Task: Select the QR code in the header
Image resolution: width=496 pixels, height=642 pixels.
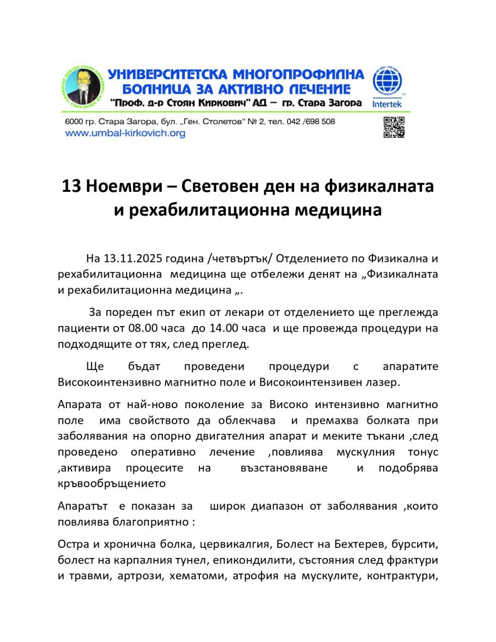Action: [393, 127]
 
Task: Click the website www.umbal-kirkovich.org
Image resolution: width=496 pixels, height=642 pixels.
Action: [125, 134]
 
